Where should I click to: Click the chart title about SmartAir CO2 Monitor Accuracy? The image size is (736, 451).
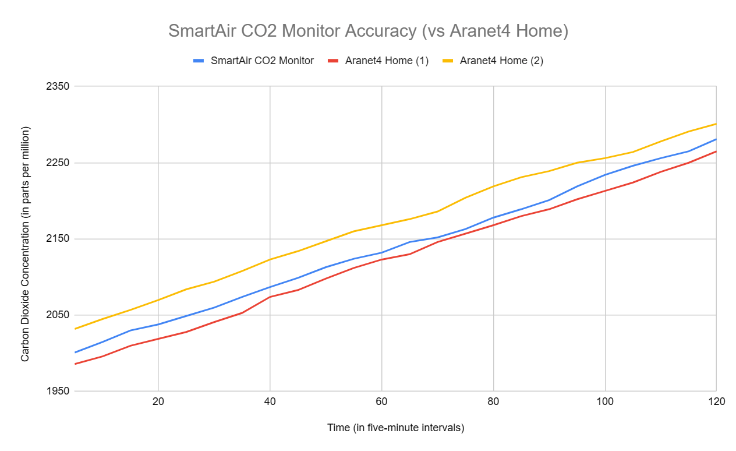tap(368, 31)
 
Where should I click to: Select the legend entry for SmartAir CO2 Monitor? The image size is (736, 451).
tap(262, 61)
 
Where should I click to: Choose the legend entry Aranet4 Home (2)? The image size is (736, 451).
tap(501, 61)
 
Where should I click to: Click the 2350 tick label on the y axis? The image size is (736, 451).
tap(58, 86)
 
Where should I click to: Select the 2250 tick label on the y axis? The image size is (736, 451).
tap(58, 163)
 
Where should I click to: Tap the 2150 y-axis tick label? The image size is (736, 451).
tap(58, 239)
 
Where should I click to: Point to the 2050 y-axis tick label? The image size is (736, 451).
tap(58, 315)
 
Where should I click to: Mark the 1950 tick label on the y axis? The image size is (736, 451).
tap(58, 391)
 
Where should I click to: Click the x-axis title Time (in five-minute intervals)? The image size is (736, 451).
tap(395, 428)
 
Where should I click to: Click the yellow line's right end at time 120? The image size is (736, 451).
tap(716, 124)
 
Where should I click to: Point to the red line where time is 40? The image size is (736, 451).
tap(270, 297)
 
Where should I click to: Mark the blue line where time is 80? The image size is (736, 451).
tap(493, 218)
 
